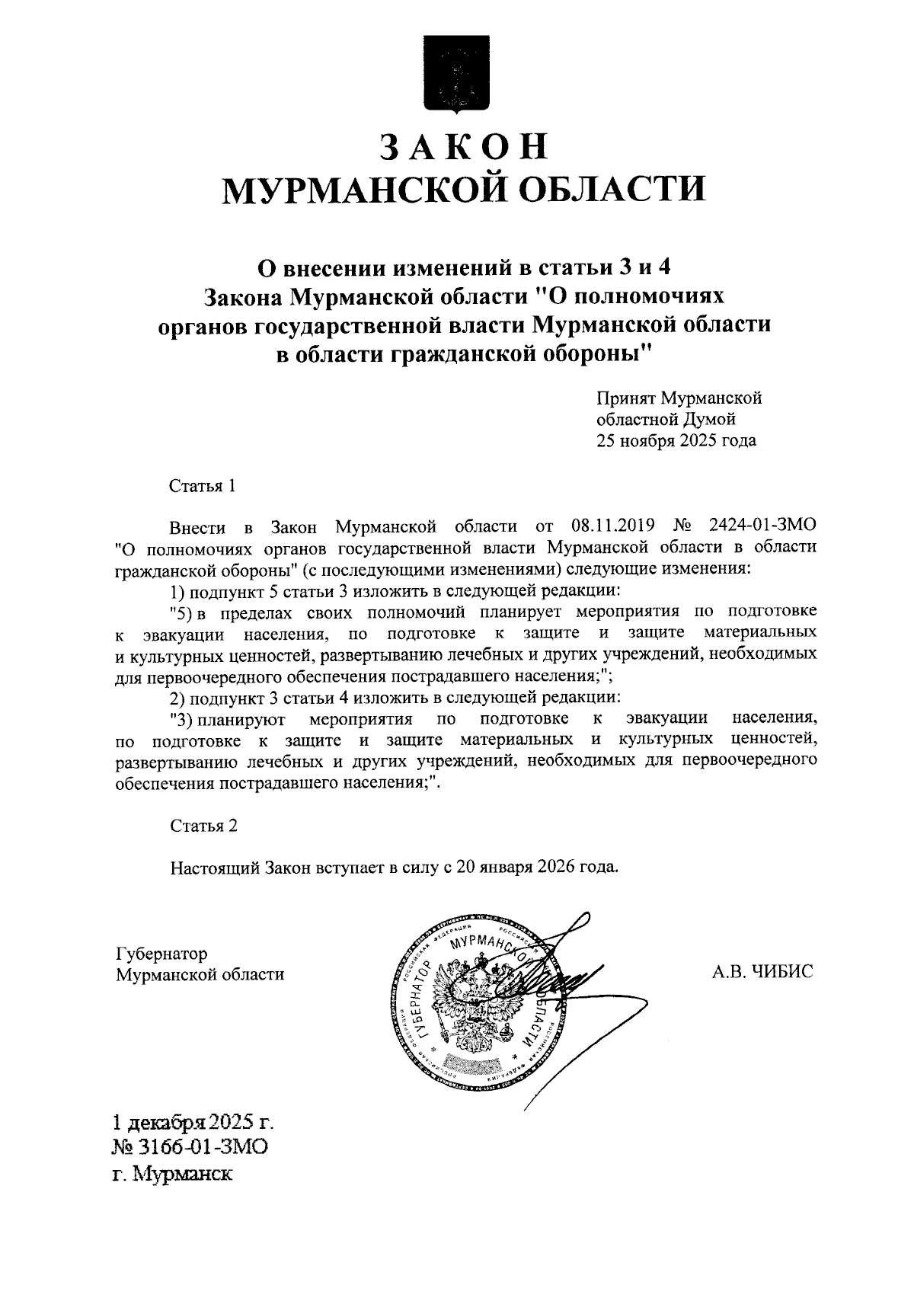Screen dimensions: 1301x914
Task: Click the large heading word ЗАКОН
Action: coord(463,147)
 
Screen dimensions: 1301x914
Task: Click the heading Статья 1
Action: coord(202,486)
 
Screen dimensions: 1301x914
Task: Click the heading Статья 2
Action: coord(204,826)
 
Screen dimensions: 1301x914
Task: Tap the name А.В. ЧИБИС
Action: coord(762,972)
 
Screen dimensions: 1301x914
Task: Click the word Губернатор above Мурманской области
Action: coord(161,954)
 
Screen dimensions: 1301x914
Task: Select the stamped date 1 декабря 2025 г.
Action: coord(193,1123)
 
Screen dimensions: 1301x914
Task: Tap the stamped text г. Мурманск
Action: coord(172,1174)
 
